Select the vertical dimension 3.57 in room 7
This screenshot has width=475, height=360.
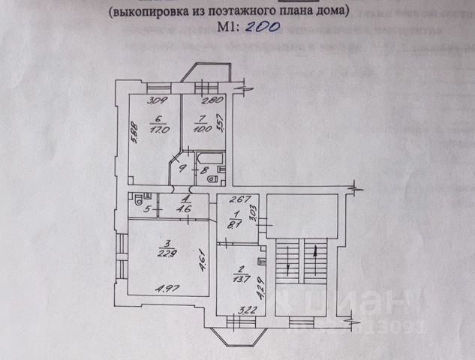pos(220,119)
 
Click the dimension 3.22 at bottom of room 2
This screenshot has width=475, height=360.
pos(238,309)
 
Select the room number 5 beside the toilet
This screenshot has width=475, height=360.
pos(147,210)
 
